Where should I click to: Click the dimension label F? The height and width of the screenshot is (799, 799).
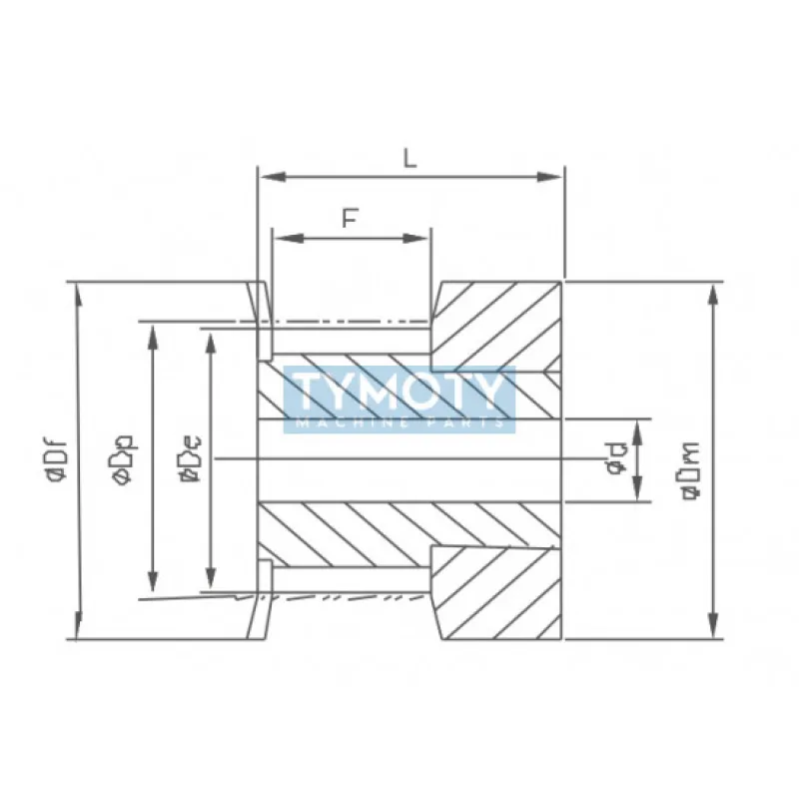350,220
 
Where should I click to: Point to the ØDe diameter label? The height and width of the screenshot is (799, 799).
187,461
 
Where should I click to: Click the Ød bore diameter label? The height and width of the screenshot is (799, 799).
616,461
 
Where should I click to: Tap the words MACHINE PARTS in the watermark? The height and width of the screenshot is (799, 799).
399,421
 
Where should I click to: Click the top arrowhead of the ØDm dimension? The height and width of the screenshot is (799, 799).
713,292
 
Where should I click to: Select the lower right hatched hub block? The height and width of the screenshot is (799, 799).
499,594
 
